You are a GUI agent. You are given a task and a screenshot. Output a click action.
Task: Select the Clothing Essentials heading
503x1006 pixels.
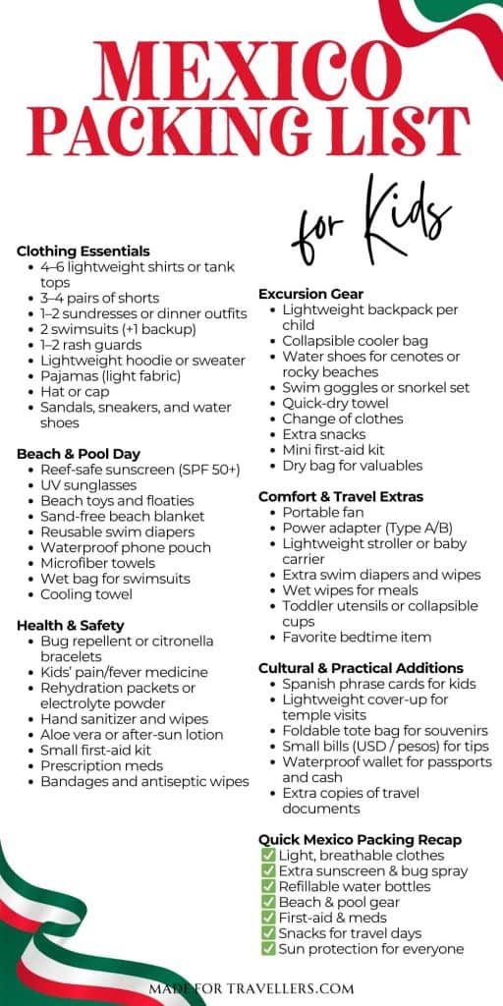coord(84,251)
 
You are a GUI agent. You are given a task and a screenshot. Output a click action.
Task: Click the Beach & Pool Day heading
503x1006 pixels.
coord(79,454)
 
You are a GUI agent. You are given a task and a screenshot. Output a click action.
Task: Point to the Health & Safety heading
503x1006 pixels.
coord(71,625)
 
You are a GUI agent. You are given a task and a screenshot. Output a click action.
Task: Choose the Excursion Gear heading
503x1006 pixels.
coord(310,294)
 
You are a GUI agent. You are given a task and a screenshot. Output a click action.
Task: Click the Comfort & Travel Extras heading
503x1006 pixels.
coord(341,496)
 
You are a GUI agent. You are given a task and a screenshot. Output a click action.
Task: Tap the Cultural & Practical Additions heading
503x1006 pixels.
coord(361,668)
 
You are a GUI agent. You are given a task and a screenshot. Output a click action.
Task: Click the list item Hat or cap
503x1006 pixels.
coord(75,391)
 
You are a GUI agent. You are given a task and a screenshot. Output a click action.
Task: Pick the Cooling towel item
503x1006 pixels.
coord(85,594)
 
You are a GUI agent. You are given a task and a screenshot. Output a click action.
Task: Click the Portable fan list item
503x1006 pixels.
coord(322,512)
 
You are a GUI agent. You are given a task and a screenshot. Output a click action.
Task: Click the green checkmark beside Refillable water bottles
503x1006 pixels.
coord(268,887)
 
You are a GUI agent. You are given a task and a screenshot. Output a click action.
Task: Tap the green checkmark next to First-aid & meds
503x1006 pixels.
coord(268,918)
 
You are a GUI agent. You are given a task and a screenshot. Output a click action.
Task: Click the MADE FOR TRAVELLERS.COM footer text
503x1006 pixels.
coord(251,987)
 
